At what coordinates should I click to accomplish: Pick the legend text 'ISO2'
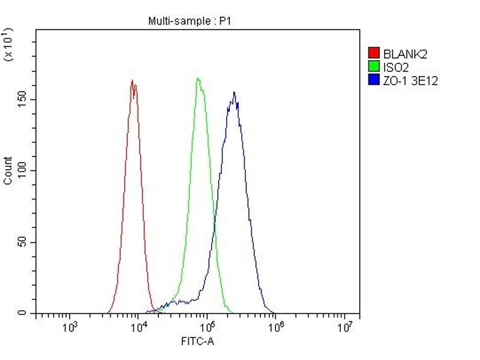pos(395,68)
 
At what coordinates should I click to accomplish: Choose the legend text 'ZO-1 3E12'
pos(410,81)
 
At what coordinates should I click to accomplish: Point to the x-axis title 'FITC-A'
pos(197,341)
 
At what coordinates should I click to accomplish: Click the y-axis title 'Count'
pos(8,170)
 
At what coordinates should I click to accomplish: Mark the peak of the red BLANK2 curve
pos(132,80)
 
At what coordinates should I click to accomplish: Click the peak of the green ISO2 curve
pos(198,78)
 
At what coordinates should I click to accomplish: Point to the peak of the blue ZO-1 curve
pos(234,92)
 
